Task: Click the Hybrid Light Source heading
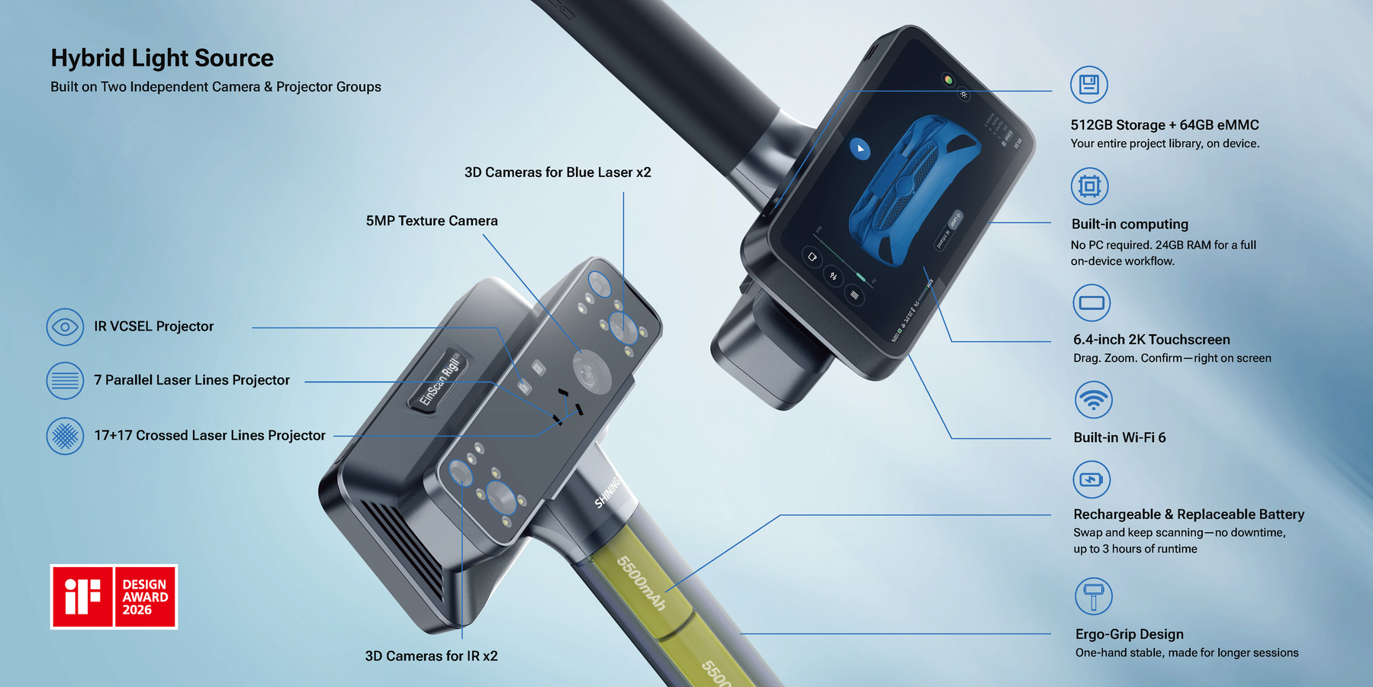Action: pyautogui.click(x=162, y=58)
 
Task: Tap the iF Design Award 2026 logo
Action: pyautogui.click(x=114, y=597)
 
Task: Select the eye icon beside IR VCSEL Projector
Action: pyautogui.click(x=65, y=327)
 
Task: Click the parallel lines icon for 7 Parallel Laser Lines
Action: pyautogui.click(x=65, y=380)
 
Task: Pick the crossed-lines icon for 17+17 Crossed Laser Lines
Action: pyautogui.click(x=65, y=436)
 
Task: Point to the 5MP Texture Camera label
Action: pyautogui.click(x=432, y=221)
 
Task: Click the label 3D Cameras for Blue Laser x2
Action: pyautogui.click(x=558, y=173)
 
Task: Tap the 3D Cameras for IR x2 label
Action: pyautogui.click(x=431, y=656)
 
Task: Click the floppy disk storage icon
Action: pyautogui.click(x=1088, y=85)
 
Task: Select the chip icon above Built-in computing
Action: pyautogui.click(x=1089, y=186)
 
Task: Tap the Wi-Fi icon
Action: pyautogui.click(x=1093, y=400)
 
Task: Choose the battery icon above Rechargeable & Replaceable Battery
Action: pyautogui.click(x=1092, y=480)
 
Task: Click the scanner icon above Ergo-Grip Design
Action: pyautogui.click(x=1093, y=596)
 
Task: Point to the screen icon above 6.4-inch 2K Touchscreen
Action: pyautogui.click(x=1092, y=303)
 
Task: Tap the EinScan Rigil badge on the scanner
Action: pyautogui.click(x=441, y=379)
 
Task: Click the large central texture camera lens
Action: pyautogui.click(x=588, y=374)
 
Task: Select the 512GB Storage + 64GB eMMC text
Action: pyautogui.click(x=1164, y=125)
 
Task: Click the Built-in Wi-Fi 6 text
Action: pyautogui.click(x=1119, y=437)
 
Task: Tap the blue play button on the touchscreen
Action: pyautogui.click(x=860, y=149)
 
